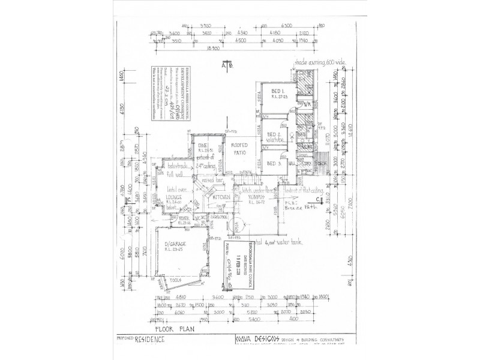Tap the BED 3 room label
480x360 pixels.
coord(274,163)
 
